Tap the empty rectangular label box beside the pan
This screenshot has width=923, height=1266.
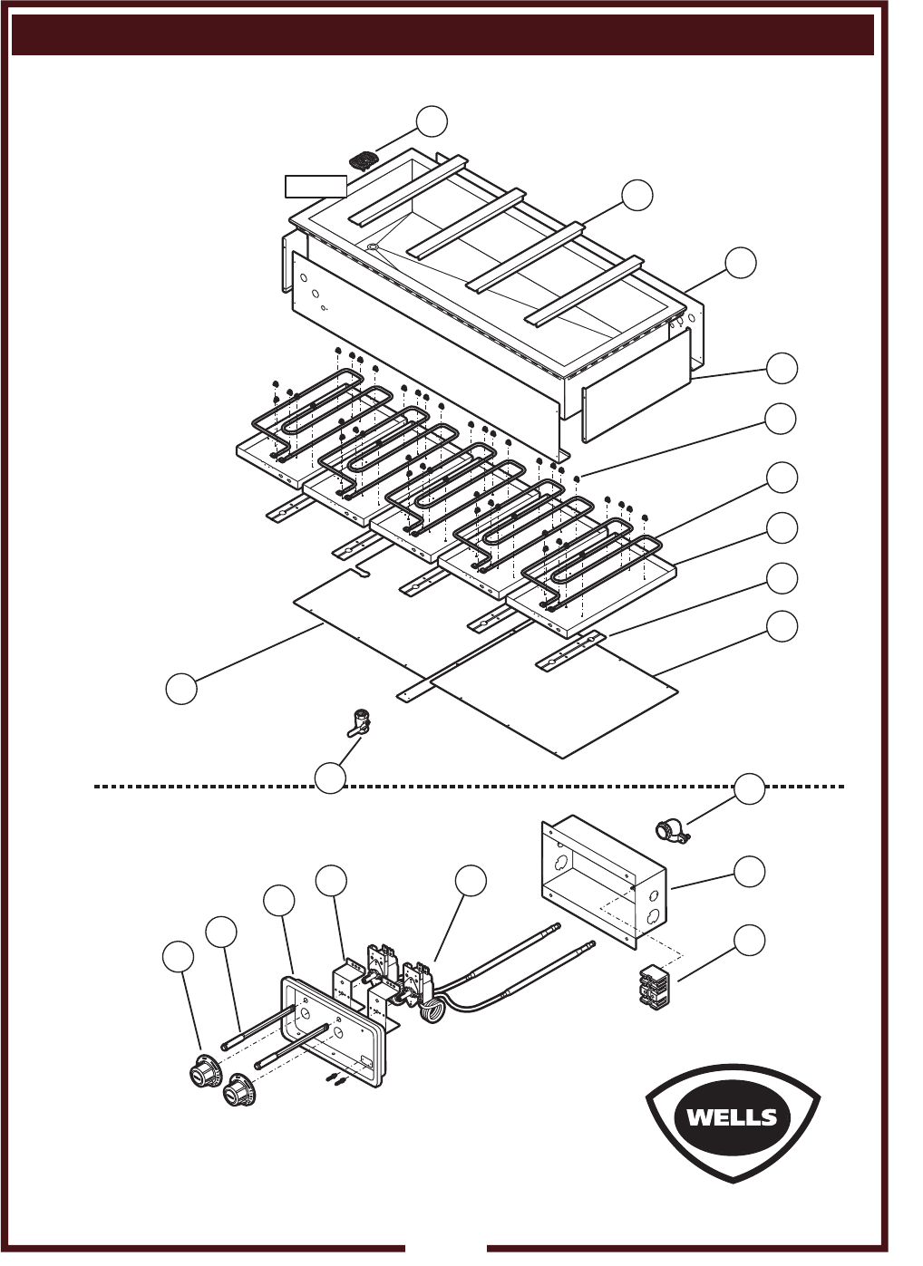[x=316, y=187]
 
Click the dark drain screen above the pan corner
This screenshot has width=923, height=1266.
[x=362, y=160]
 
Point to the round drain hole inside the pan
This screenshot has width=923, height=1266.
[x=372, y=247]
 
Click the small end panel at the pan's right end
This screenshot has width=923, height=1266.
[x=636, y=384]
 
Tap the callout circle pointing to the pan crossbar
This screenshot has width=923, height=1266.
[x=637, y=195]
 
